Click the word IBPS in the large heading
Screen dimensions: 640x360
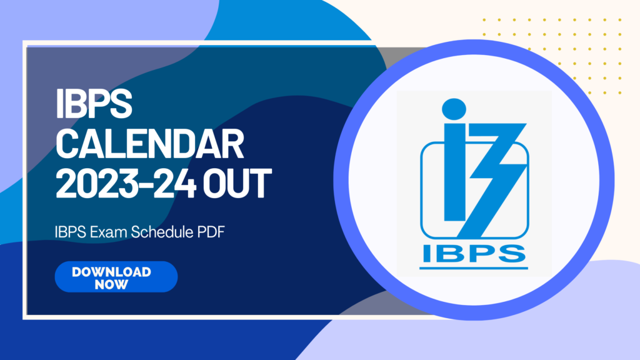coord(94,104)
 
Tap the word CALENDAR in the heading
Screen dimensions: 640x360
coord(150,144)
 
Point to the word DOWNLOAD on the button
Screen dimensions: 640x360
coord(111,272)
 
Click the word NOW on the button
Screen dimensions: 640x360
coord(111,284)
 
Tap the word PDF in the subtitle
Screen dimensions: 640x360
coord(211,232)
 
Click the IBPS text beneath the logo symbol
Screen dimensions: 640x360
coord(474,253)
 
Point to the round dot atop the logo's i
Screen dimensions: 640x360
coord(454,109)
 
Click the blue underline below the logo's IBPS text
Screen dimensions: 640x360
coord(474,268)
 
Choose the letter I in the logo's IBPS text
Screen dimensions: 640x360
coord(426,253)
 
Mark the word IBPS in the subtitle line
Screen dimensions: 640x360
coord(70,232)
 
